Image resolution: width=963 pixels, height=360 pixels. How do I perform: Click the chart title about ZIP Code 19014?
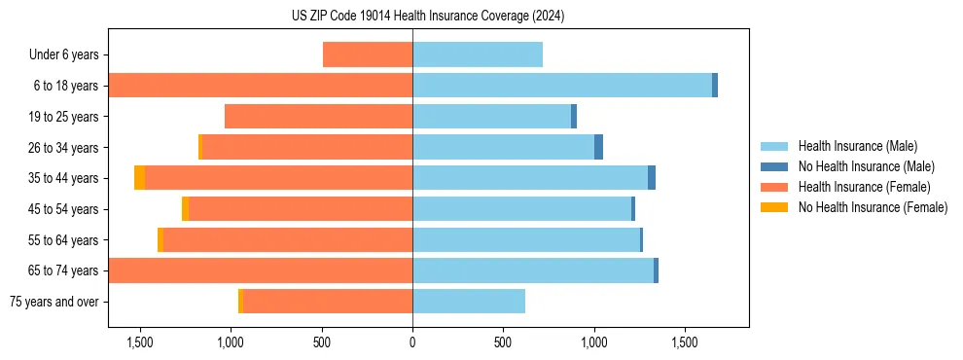coord(428,17)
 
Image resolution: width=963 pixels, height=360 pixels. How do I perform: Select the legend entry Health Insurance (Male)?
coord(857,147)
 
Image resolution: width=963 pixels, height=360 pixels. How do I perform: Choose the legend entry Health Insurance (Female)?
coord(864,187)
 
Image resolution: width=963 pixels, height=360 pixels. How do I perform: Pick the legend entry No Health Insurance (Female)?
coord(873,207)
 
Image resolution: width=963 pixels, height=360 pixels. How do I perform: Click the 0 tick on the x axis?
coord(412,342)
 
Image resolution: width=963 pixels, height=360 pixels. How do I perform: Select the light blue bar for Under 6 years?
coord(477,55)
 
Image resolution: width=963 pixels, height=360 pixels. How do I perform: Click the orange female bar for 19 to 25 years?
coord(318,117)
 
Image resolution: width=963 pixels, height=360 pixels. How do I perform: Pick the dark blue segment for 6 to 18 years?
coord(715,86)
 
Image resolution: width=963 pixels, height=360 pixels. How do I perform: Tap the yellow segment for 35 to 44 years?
coord(140,178)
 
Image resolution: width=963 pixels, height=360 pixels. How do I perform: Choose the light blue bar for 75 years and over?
coord(469,302)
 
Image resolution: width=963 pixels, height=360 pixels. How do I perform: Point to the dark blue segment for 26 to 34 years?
coord(599,147)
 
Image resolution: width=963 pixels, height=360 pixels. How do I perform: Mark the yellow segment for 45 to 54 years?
coord(185,209)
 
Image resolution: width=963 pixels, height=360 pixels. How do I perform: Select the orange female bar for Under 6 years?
coord(368,55)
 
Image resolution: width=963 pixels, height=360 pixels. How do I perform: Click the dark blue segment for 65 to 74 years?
coord(657,270)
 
